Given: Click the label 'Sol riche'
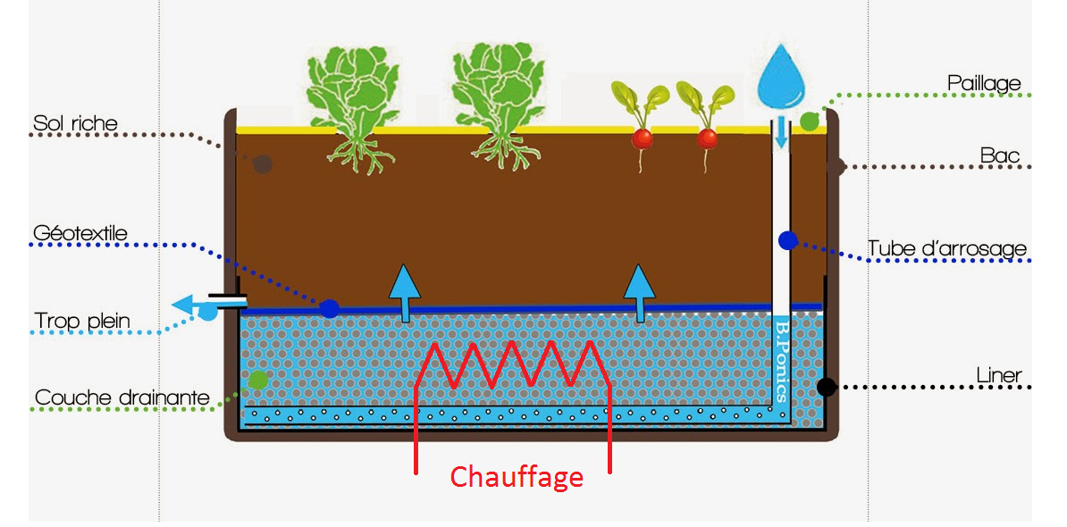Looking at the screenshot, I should click(75, 122).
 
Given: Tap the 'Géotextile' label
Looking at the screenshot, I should click(79, 234).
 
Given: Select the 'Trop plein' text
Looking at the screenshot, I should click(82, 320).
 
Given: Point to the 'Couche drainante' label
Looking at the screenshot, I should click(122, 397).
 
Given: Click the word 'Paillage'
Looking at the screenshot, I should click(984, 83).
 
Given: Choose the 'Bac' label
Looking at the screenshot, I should click(1000, 156).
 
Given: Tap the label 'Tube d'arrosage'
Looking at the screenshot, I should click(947, 248).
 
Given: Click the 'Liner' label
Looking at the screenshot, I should click(999, 375).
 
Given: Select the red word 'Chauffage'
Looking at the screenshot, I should click(517, 477).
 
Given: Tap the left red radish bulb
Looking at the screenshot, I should click(642, 138).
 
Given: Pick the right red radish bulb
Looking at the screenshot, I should click(707, 138).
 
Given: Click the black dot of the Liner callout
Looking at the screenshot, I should click(827, 387).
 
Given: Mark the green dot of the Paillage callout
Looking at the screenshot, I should click(809, 121).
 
